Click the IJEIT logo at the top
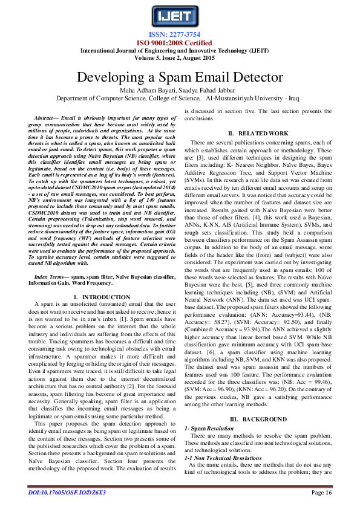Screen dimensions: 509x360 (179, 16)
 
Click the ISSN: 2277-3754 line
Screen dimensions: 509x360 (179, 35)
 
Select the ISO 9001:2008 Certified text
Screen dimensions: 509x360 (179, 43)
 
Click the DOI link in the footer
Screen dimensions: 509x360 (67, 493)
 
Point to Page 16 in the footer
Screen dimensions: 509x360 (322, 493)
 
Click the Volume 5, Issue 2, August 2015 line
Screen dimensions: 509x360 (179, 59)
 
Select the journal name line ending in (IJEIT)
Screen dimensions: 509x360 (179, 51)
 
